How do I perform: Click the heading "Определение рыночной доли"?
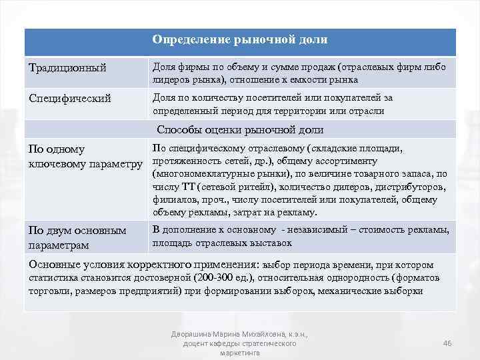(x=240, y=40)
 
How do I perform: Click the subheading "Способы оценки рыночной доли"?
(x=240, y=130)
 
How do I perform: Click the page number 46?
(x=447, y=343)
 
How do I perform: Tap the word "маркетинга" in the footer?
(x=239, y=353)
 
